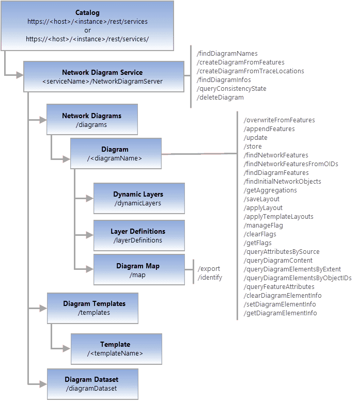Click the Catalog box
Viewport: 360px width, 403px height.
pyautogui.click(x=87, y=26)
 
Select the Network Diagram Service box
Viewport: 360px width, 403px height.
pyautogui.click(x=103, y=76)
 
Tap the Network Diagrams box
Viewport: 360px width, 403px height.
pyautogui.click(x=92, y=120)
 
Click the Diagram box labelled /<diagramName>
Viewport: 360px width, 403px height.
pyautogui.click(x=115, y=153)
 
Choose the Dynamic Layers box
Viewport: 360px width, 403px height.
pyautogui.click(x=138, y=198)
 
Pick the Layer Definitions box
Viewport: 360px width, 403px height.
pyautogui.click(x=138, y=235)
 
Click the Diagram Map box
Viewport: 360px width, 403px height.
pyautogui.click(x=138, y=269)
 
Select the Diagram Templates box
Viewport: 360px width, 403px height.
pyautogui.click(x=92, y=308)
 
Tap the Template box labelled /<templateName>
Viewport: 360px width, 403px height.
pyautogui.click(x=116, y=348)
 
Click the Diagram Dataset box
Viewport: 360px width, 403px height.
pyautogui.click(x=92, y=383)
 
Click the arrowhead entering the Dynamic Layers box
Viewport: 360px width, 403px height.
pyautogui.click(x=89, y=198)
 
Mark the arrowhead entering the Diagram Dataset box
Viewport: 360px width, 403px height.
pyautogui.click(x=43, y=383)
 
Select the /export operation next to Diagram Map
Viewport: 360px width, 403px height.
pyautogui.click(x=209, y=269)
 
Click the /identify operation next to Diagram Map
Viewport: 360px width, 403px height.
pyautogui.click(x=210, y=278)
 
